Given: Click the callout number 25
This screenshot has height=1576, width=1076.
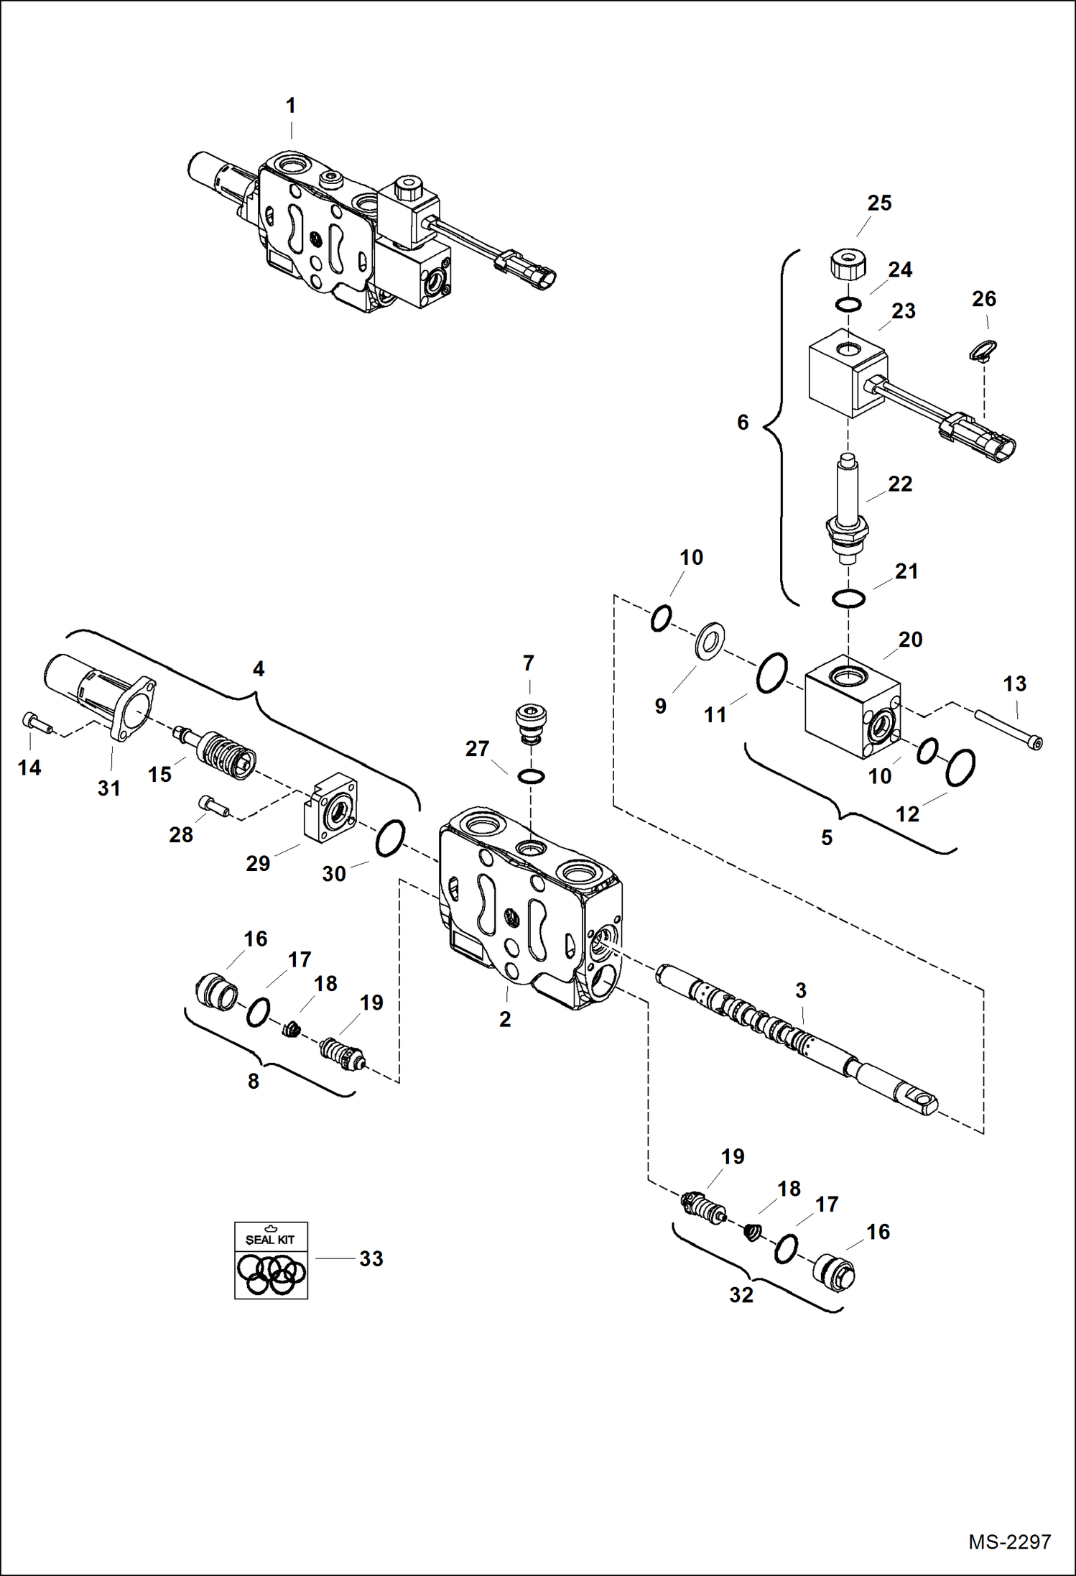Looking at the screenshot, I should tap(879, 203).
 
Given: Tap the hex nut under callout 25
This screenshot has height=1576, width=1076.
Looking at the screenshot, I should tap(848, 266).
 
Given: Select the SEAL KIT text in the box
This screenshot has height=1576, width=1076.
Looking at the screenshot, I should tap(270, 1239).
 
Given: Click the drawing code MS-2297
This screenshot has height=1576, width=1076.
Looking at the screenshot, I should tap(1009, 1542).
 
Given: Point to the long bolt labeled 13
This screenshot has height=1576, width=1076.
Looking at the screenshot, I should tap(1008, 729).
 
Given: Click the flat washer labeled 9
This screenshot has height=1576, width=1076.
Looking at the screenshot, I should tap(710, 641).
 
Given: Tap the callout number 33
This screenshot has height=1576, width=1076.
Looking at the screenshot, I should tap(371, 1258).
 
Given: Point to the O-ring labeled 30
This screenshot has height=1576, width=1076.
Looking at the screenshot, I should tap(391, 838).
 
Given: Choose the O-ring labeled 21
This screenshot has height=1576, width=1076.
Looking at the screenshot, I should tap(848, 598).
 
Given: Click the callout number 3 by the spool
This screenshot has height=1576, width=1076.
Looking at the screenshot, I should tap(801, 990).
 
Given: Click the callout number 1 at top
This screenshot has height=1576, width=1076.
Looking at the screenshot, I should tap(291, 106).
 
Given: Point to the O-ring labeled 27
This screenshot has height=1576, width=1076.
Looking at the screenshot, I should tap(531, 776).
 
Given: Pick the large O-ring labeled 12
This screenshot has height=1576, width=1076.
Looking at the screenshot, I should tap(960, 768).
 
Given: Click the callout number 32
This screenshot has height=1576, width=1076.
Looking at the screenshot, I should tap(741, 1295).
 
